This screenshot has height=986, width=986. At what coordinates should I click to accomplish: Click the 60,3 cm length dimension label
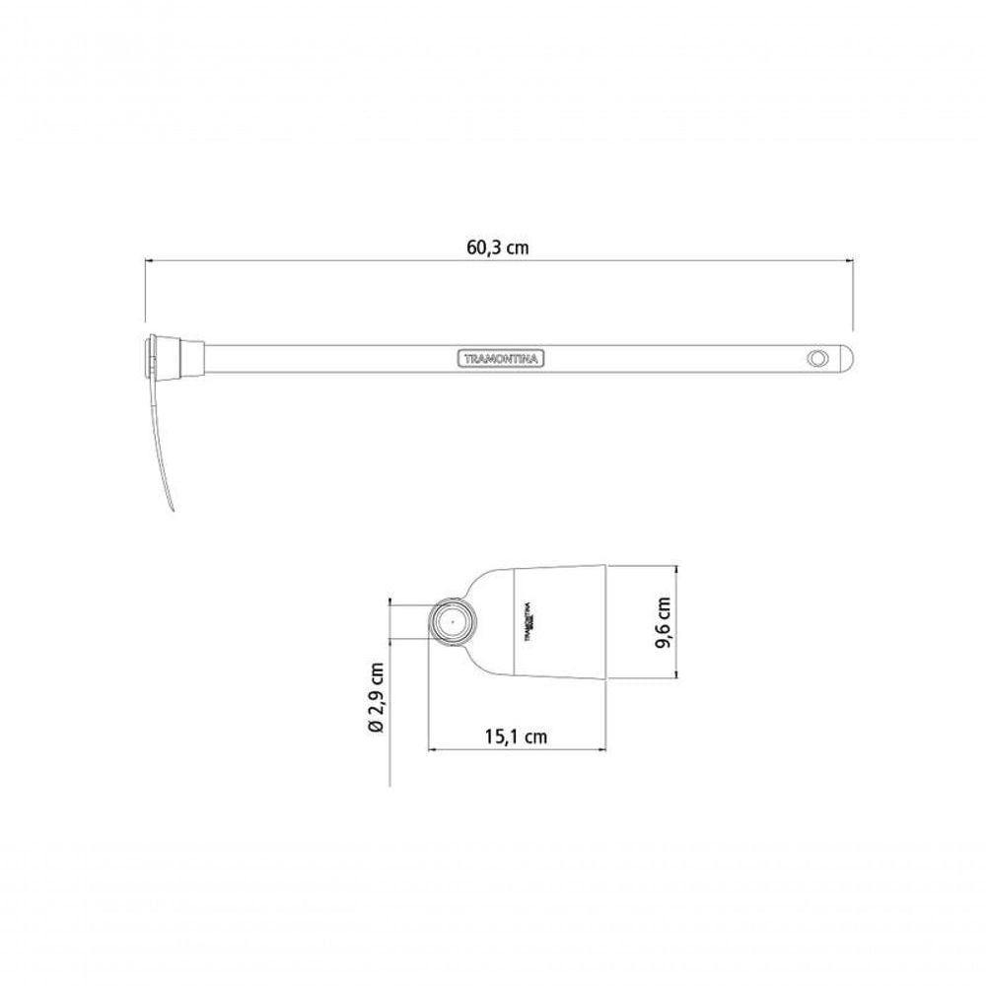click(x=497, y=247)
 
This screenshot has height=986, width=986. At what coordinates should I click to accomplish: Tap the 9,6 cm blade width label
click(x=663, y=623)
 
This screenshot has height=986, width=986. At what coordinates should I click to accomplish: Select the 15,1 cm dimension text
click(x=516, y=736)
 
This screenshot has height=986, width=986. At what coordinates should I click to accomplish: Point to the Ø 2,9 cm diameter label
click(x=377, y=698)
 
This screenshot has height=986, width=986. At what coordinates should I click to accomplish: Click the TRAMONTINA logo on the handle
click(x=500, y=359)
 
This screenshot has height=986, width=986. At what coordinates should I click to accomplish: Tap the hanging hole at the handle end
click(x=816, y=359)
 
